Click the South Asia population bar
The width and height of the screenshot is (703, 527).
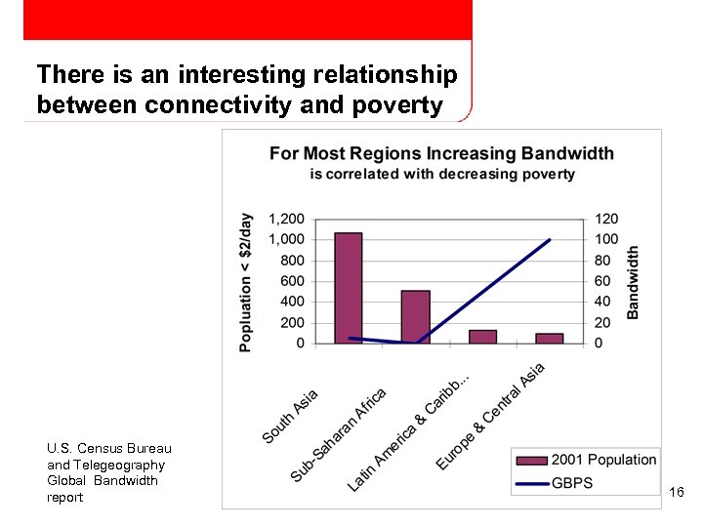[349, 288]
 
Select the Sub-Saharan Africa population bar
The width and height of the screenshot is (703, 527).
[415, 317]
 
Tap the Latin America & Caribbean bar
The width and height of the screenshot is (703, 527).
[482, 337]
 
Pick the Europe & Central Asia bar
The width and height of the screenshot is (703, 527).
[549, 339]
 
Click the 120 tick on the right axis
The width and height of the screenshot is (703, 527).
[606, 219]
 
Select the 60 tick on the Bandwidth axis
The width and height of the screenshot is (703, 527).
[603, 281]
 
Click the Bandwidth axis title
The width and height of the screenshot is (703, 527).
[633, 282]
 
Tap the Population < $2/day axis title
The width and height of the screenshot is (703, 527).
[245, 282]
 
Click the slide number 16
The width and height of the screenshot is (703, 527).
[677, 493]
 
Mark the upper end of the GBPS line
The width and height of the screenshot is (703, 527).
[550, 240]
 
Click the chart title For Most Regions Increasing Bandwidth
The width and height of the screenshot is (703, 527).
[441, 153]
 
